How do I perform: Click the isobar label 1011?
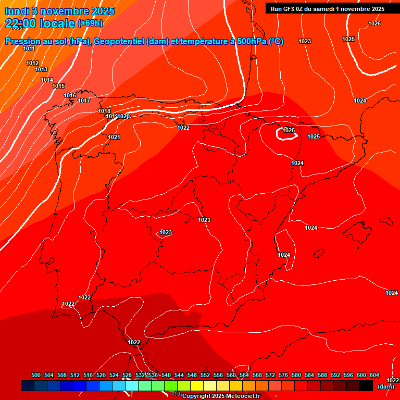tap(29, 48)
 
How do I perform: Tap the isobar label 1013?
tap(41, 69)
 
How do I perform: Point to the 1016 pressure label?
tap(70, 95)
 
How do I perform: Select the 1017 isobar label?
tap(84, 101)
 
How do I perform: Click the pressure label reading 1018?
tap(104, 111)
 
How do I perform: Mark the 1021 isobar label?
tap(114, 137)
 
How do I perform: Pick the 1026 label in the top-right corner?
tap(374, 23)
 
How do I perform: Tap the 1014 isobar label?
tap(47, 80)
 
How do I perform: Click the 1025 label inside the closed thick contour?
tap(289, 130)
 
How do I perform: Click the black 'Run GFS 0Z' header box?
tap(328, 9)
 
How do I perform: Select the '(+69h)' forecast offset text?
tap(90, 23)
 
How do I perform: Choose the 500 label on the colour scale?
tap(36, 375)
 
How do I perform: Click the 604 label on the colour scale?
tap(374, 375)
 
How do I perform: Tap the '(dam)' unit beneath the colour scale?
tap(386, 386)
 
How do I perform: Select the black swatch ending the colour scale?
tap(366, 385)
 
